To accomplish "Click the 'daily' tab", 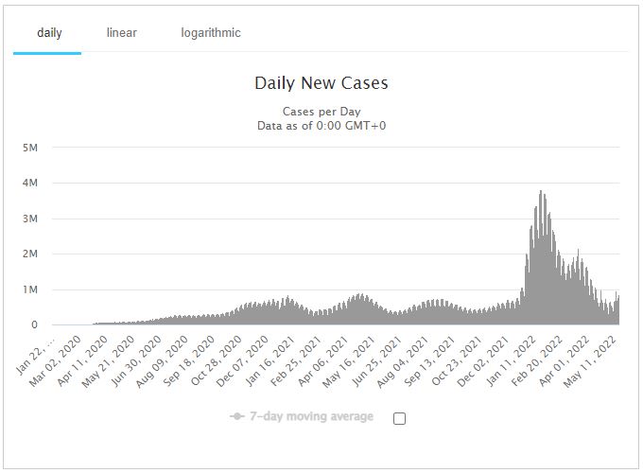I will [49, 33].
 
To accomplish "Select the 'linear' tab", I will [121, 33].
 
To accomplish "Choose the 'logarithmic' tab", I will [211, 33].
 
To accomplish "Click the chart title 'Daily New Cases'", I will [321, 83].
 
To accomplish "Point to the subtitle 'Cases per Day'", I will [321, 112].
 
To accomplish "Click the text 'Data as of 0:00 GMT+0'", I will [321, 125].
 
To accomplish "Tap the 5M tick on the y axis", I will [29, 148].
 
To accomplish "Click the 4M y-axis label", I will [29, 183].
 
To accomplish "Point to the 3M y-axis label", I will [29, 219].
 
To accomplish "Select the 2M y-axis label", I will [29, 254].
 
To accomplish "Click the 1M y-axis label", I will [29, 289].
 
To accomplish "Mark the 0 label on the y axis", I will [34, 324].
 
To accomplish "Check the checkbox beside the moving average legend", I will [399, 418].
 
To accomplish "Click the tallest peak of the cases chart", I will [540, 193].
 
